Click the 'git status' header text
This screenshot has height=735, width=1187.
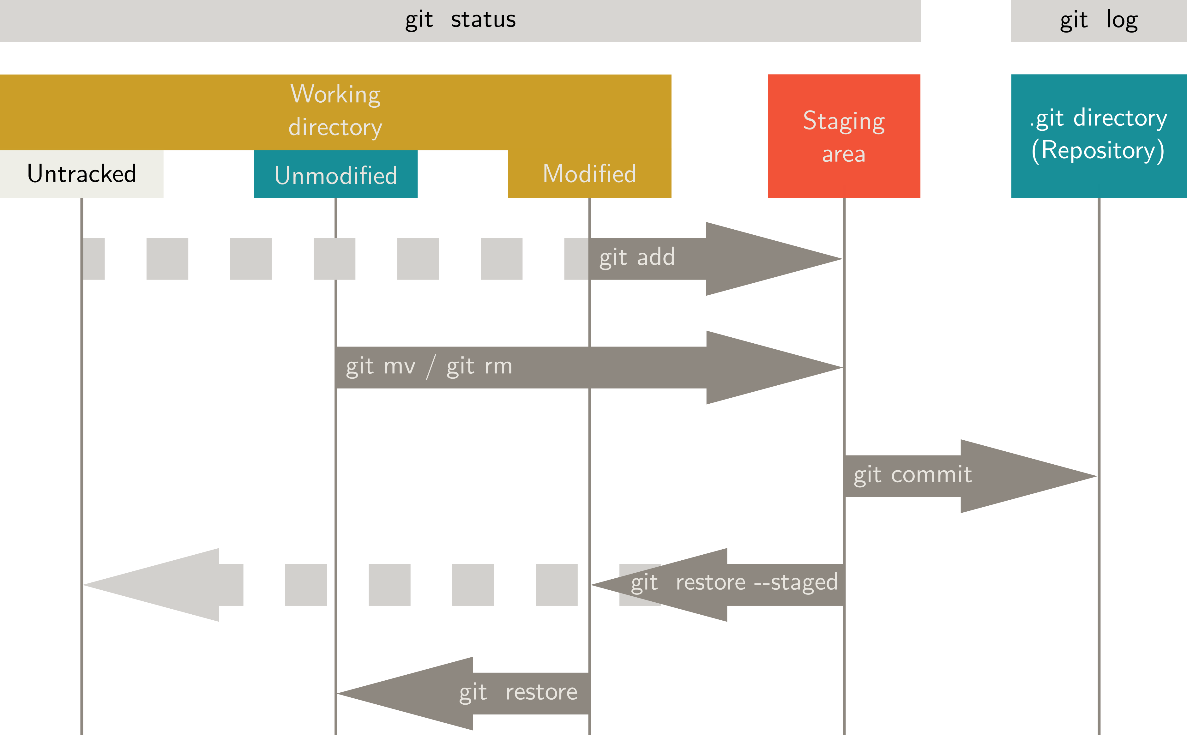[460, 20]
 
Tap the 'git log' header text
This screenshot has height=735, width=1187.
[1099, 21]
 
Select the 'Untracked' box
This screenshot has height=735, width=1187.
[82, 174]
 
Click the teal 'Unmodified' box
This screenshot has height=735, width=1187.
[335, 175]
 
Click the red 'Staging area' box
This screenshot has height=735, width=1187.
[844, 136]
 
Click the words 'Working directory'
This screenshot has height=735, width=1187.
[335, 111]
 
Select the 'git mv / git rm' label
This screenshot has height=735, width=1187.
[429, 366]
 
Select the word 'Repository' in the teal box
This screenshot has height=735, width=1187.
[1098, 151]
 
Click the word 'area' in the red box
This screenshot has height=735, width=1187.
[844, 154]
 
